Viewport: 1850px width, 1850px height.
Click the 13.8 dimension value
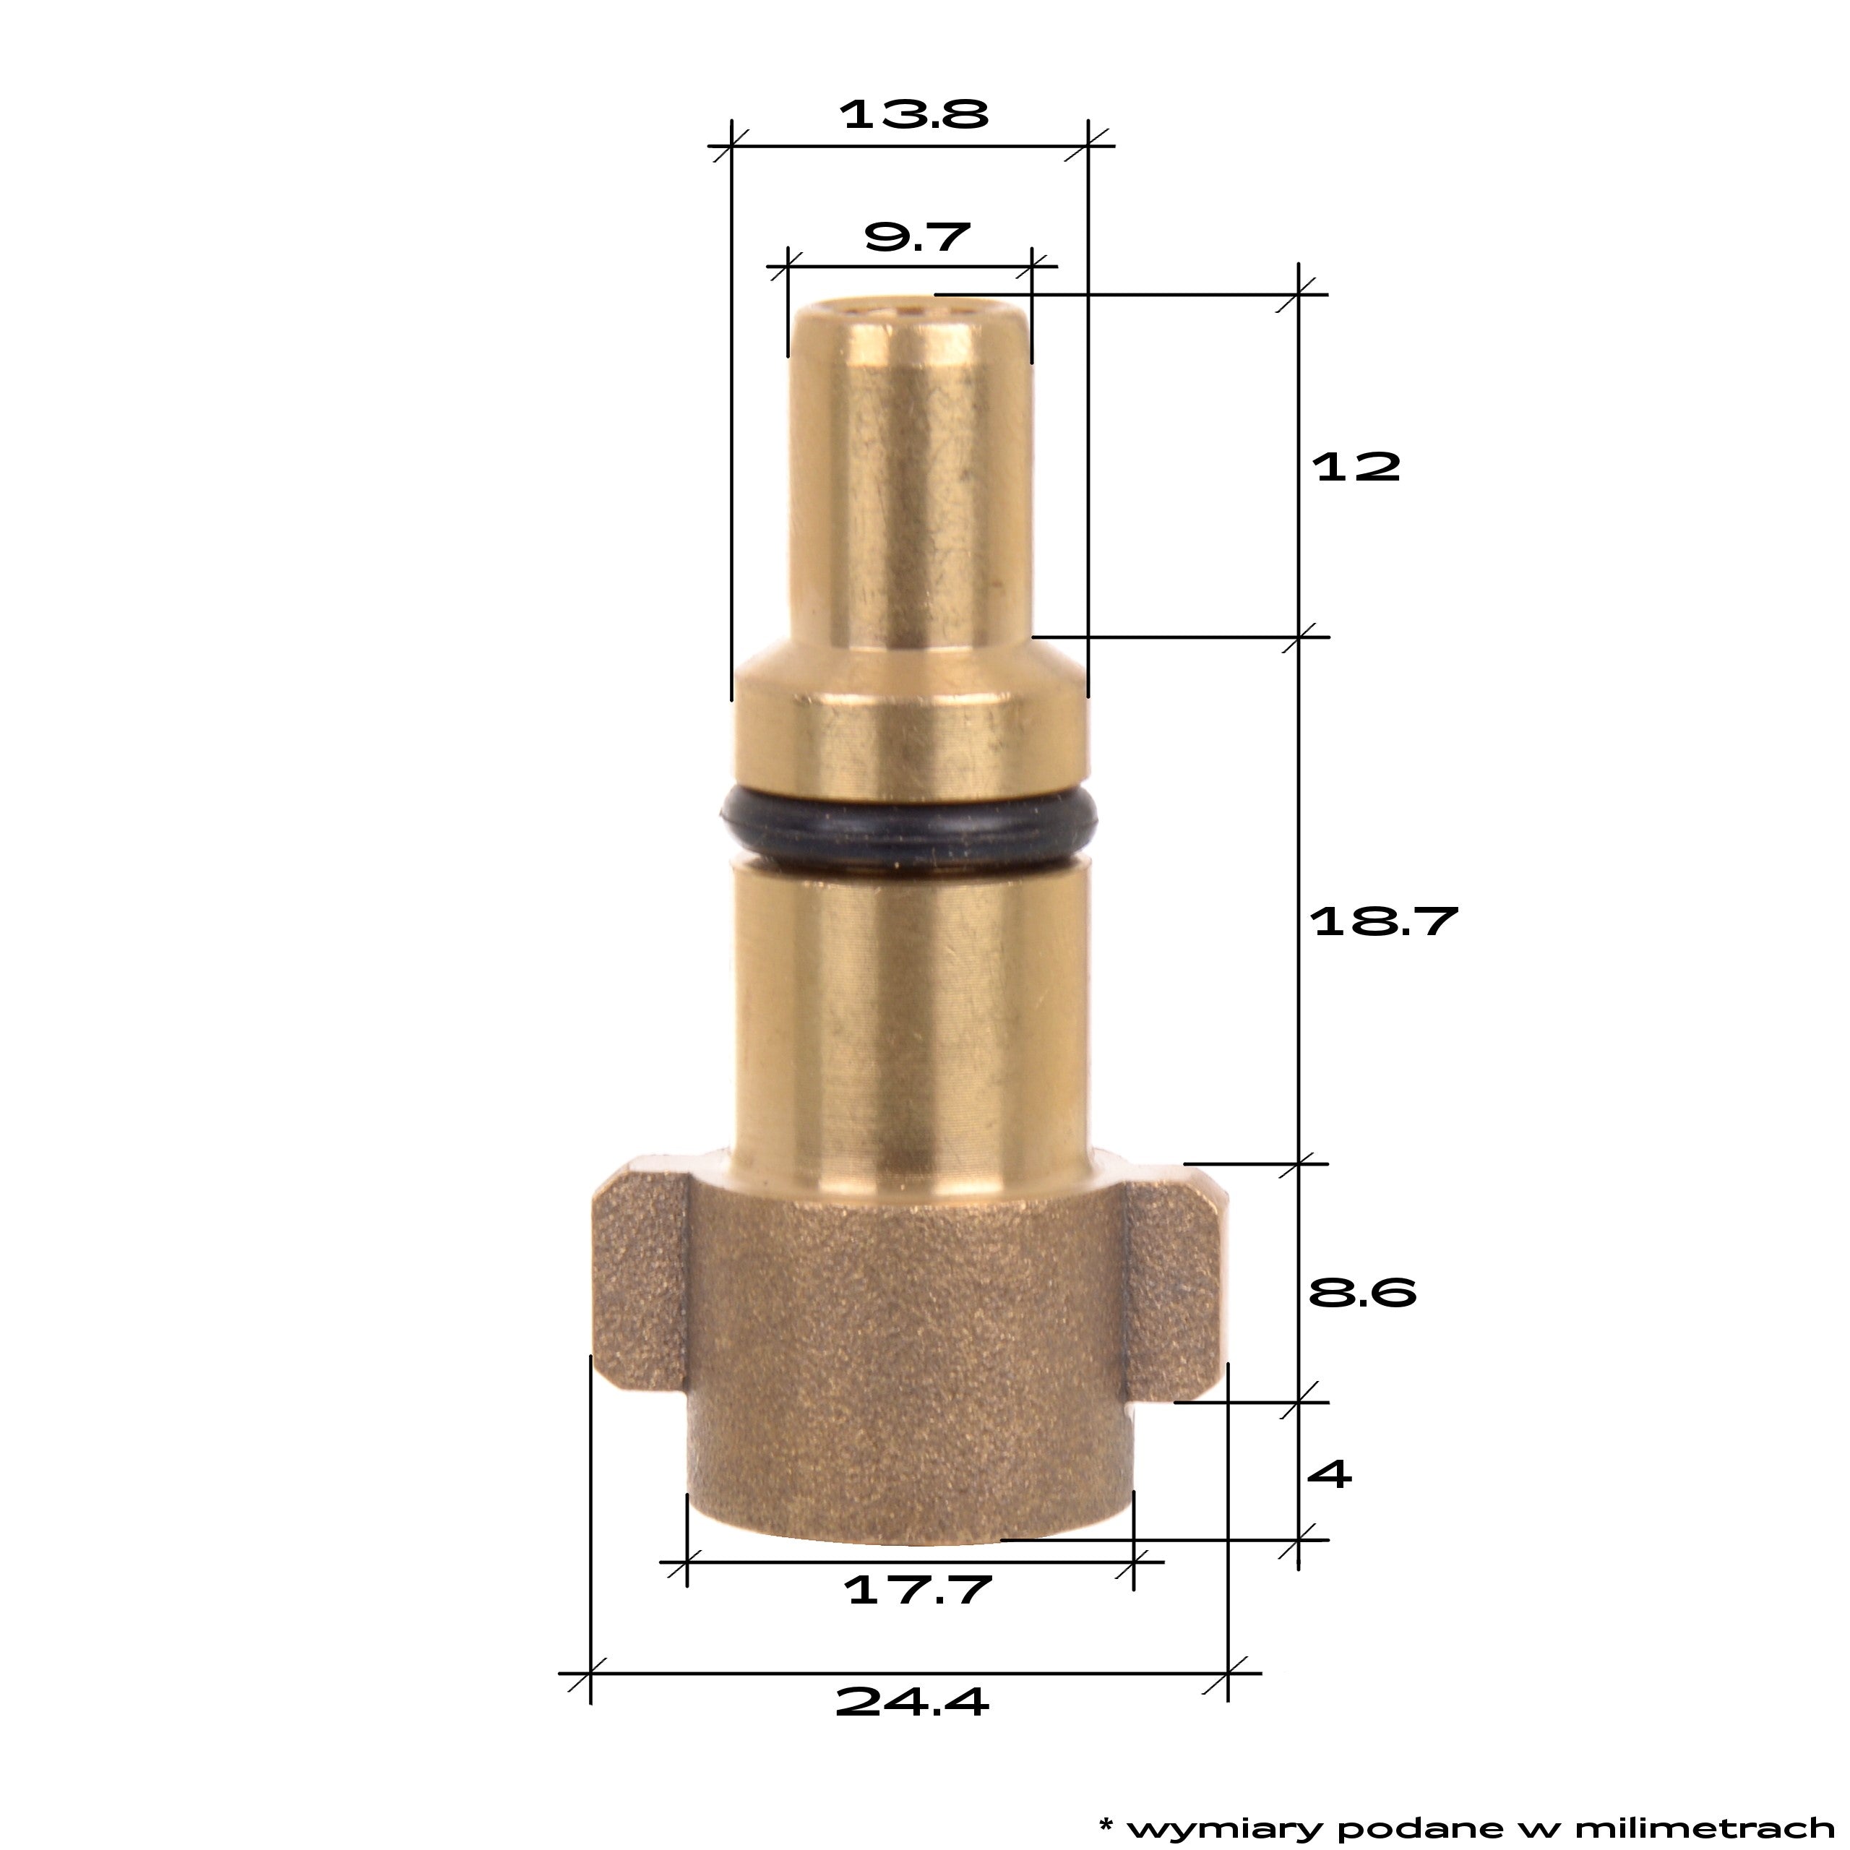tap(913, 114)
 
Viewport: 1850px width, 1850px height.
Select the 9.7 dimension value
tap(916, 236)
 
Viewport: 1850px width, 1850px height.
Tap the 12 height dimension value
tap(1356, 468)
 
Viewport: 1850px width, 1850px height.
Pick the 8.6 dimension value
tap(1361, 1294)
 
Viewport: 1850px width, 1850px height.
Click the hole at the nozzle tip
tap(911, 309)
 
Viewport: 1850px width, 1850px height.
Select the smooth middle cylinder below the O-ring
tap(910, 1015)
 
